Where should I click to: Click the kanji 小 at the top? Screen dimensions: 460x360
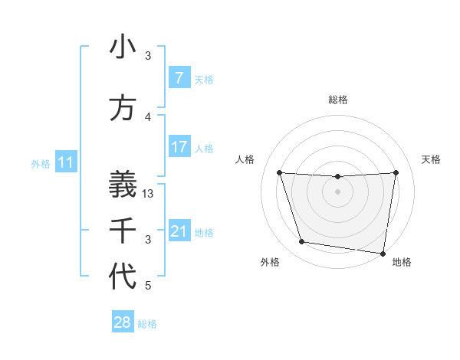coord(123,47)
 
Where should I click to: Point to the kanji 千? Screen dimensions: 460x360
coord(123,230)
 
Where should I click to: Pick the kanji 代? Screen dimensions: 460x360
coord(123,277)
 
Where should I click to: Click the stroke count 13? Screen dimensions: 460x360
coord(149,194)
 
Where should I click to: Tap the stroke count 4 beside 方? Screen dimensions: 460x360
coord(149,117)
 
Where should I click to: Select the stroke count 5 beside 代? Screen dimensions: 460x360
coord(149,286)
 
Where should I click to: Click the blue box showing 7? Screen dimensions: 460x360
coord(179,78)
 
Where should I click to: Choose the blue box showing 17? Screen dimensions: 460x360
coord(179,147)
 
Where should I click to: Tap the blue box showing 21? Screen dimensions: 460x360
coord(179,231)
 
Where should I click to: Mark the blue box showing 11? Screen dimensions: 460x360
coord(66,162)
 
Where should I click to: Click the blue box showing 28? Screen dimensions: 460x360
coord(123,322)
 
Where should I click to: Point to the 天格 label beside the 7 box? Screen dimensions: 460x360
coord(204,79)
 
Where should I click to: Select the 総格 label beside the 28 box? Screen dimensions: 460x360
coord(147,323)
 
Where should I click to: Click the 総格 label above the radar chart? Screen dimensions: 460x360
coord(338,100)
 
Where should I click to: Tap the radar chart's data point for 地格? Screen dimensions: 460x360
coord(383,253)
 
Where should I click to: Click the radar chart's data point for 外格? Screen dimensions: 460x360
coord(302,242)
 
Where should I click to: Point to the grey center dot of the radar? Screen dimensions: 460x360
coord(338,191)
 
